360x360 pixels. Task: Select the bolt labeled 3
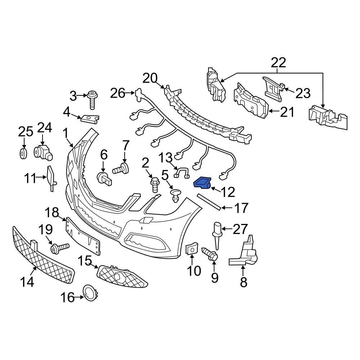[92, 100]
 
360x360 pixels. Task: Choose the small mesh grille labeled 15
[122, 276]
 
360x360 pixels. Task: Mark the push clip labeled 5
[175, 194]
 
